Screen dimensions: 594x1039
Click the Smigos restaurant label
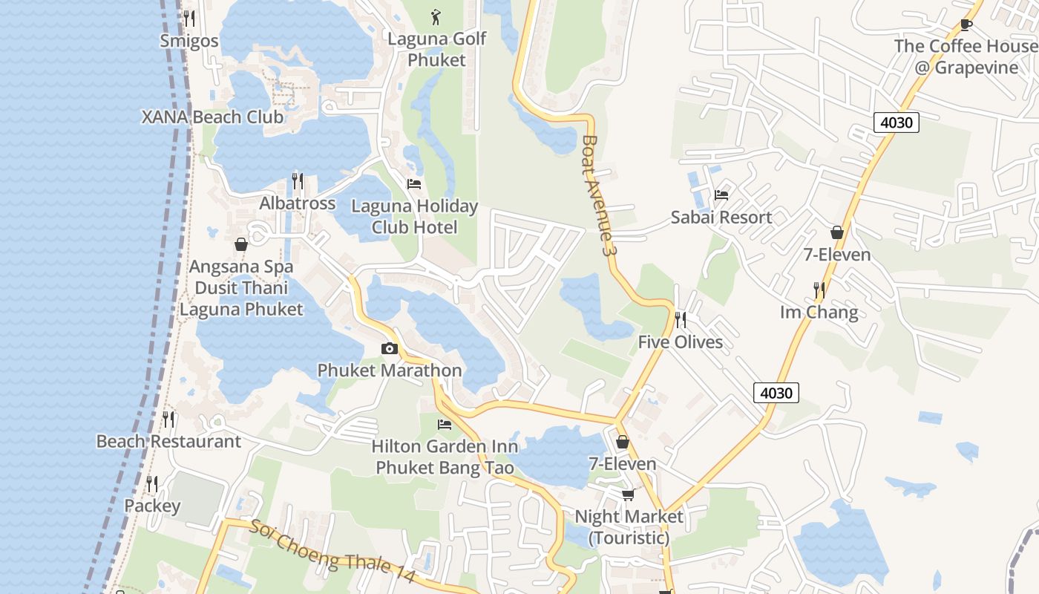(189, 41)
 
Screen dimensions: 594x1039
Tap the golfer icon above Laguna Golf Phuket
(436, 16)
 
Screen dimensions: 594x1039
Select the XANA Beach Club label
(212, 117)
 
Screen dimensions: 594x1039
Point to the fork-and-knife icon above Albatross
(297, 180)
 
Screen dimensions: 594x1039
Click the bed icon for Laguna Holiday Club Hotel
(414, 183)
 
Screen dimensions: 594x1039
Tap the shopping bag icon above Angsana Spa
(241, 244)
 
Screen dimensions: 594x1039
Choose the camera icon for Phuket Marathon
(389, 348)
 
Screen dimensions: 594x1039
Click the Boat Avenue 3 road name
(600, 195)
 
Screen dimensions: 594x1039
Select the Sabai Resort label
(721, 218)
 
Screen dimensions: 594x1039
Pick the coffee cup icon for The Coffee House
(966, 24)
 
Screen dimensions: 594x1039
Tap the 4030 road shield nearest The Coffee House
(896, 123)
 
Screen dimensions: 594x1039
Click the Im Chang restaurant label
(819, 313)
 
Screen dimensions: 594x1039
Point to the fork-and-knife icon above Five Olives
(680, 319)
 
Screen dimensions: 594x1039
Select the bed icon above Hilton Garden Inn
(445, 425)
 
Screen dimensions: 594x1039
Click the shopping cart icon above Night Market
(628, 495)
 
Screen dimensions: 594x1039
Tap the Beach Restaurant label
(168, 442)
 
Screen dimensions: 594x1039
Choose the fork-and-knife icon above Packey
(152, 484)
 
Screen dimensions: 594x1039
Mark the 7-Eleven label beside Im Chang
(837, 255)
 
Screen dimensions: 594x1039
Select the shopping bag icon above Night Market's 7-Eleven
(623, 442)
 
